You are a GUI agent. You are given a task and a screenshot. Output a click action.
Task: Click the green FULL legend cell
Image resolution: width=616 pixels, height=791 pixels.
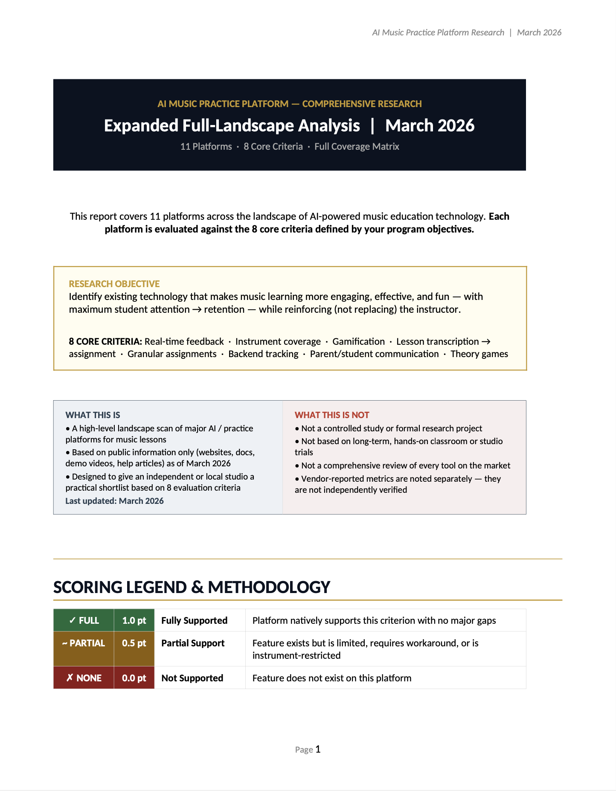coord(84,620)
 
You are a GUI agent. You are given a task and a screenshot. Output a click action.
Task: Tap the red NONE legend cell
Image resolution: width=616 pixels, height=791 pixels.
coord(84,678)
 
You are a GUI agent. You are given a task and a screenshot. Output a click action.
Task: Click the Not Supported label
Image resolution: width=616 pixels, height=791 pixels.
coord(192,678)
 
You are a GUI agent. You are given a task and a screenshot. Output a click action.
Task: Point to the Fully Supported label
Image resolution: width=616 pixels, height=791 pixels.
coord(194,620)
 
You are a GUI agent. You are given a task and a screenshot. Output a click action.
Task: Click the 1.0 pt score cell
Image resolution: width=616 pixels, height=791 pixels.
coord(134,620)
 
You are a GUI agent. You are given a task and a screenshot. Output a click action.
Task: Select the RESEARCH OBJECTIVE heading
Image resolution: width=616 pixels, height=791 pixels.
coord(114,284)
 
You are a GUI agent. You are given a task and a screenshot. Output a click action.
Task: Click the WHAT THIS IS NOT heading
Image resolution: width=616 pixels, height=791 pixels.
coord(332,415)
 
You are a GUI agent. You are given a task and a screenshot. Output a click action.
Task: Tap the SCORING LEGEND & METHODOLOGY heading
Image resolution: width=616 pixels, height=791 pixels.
coord(192,587)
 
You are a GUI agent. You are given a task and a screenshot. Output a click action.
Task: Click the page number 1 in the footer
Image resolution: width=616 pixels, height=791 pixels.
coord(318,749)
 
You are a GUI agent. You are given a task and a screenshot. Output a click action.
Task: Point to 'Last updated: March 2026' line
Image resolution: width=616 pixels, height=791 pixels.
coord(114,501)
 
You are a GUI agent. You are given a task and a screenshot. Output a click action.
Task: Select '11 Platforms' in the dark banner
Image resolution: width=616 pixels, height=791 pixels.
coord(206,147)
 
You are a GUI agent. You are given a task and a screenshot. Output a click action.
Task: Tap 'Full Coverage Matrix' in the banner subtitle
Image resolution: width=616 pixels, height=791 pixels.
coord(357,147)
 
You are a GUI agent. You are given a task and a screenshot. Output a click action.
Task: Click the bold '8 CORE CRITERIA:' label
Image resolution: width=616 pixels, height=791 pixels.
coord(105,341)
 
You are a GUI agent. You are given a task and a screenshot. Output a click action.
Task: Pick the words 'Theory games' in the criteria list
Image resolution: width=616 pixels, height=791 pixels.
coord(479,354)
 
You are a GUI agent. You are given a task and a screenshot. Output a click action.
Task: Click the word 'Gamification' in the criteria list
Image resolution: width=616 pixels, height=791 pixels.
coord(358,341)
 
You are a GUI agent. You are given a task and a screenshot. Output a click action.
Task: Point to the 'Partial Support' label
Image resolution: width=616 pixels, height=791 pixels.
coord(193,643)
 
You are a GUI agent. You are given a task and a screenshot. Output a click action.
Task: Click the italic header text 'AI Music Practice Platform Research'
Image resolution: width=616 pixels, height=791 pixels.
coord(438,32)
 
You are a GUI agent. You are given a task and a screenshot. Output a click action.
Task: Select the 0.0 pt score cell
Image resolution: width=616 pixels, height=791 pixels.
coord(134,678)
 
